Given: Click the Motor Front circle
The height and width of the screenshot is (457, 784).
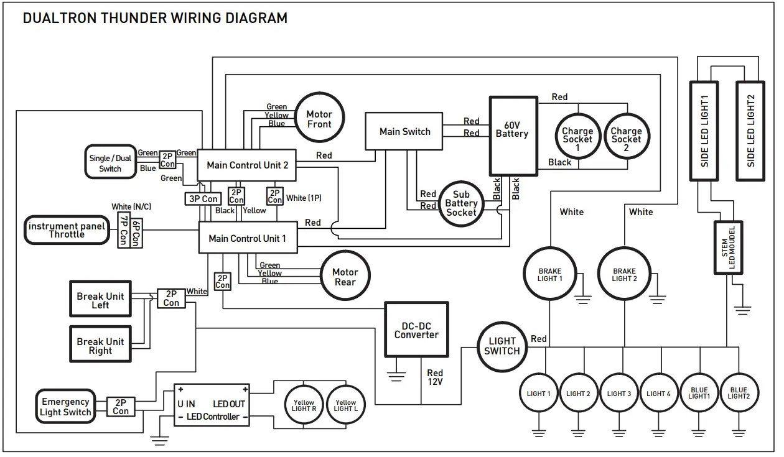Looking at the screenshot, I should [319, 118].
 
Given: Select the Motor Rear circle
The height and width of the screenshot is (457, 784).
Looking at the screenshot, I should [345, 277].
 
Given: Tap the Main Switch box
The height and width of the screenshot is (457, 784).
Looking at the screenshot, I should [404, 131].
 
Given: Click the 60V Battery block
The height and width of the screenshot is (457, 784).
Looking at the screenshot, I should [513, 137].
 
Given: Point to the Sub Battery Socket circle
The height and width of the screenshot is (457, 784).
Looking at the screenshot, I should [461, 203].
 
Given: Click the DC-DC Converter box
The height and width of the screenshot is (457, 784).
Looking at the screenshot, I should [416, 330].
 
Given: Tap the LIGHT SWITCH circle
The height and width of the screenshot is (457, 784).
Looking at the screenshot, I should [502, 346].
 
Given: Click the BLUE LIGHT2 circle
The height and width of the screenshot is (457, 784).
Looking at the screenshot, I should [739, 394].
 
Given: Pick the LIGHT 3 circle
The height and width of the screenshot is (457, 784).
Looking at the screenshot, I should [619, 394].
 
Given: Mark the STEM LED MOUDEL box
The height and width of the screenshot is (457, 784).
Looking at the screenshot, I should [727, 247].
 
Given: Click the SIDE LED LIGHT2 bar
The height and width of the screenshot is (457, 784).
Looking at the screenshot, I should [750, 131].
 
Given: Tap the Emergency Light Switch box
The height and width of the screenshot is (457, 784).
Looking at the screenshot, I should [65, 407].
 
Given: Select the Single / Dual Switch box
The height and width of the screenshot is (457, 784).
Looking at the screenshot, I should [110, 163].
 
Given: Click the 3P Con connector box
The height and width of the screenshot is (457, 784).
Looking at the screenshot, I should [203, 199].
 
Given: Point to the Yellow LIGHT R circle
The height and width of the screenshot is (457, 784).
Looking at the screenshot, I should [304, 405].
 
